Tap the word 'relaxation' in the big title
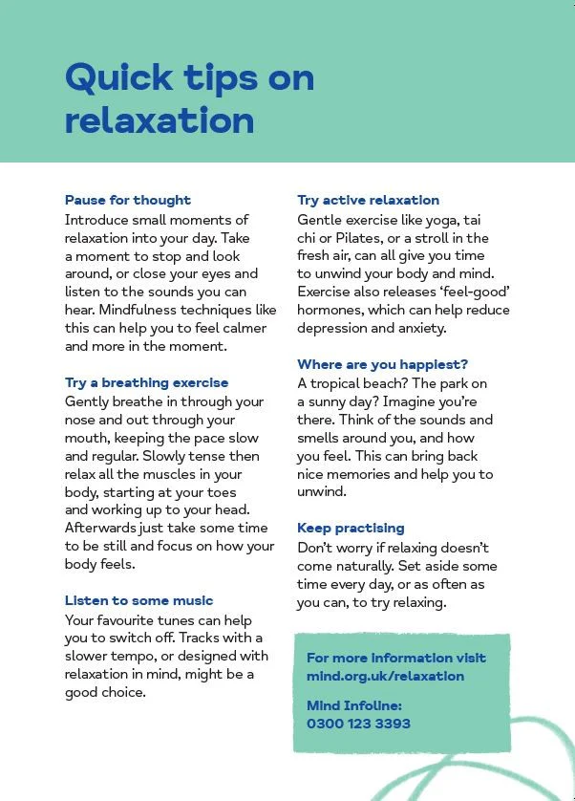click(160, 121)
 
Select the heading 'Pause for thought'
click(128, 200)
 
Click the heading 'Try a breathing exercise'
click(146, 382)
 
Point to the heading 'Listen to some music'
click(139, 600)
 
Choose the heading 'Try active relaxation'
click(368, 200)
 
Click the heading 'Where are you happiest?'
click(382, 364)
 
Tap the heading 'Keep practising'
click(351, 528)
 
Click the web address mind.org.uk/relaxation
click(385, 676)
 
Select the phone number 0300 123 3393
click(358, 723)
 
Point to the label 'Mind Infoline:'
click(354, 705)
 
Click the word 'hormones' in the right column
click(329, 310)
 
